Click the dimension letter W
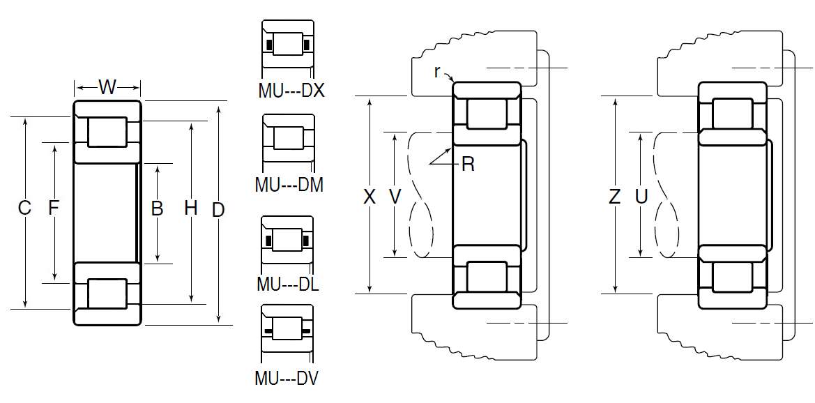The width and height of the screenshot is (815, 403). click(107, 87)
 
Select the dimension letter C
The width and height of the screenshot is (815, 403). click(24, 208)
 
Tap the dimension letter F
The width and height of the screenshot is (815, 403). click(53, 208)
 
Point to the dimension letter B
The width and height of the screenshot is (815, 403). click(157, 208)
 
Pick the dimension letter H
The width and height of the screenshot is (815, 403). click(191, 208)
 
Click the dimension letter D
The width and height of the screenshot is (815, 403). click(219, 210)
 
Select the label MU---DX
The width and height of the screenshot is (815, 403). click(291, 91)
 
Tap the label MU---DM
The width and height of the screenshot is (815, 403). click(289, 185)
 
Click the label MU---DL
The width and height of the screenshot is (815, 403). click(288, 284)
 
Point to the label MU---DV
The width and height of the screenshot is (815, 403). click(287, 378)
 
